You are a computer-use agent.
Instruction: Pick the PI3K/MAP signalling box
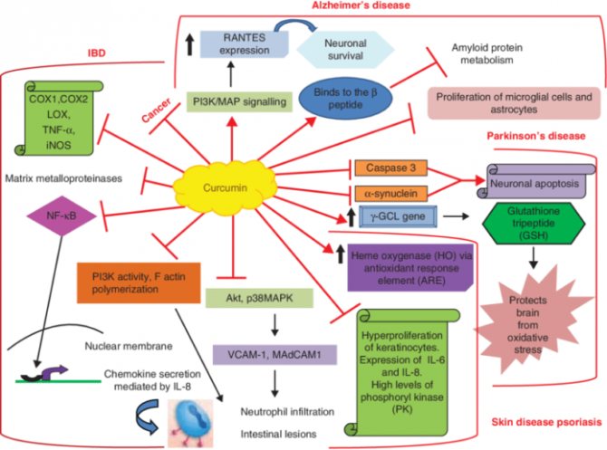(x=241, y=102)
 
